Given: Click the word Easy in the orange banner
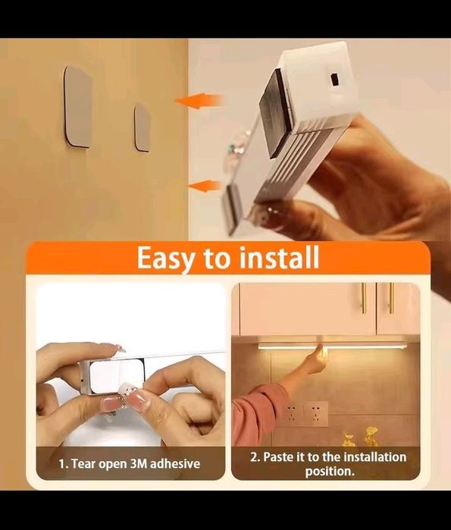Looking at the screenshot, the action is tap(166, 258).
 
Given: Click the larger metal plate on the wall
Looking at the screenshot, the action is tap(78, 107).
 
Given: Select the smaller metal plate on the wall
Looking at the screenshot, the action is tap(142, 127).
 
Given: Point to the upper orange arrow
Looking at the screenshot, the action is tap(199, 101).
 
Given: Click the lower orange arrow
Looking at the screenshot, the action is tap(205, 187).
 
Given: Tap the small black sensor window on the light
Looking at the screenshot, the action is tap(334, 79).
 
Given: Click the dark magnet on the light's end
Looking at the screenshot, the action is tap(276, 113).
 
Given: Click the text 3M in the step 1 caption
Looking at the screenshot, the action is tap(139, 463).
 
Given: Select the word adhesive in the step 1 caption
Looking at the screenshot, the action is tap(175, 463).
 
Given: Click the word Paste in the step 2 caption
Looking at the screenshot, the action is tap(278, 457).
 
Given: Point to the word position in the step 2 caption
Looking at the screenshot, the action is tap(330, 471).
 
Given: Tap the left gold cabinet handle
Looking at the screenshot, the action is tap(364, 298).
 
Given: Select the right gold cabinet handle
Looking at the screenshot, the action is tap(391, 298).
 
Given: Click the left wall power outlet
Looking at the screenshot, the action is tap(291, 413).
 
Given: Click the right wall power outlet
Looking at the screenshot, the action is tap(315, 413).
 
